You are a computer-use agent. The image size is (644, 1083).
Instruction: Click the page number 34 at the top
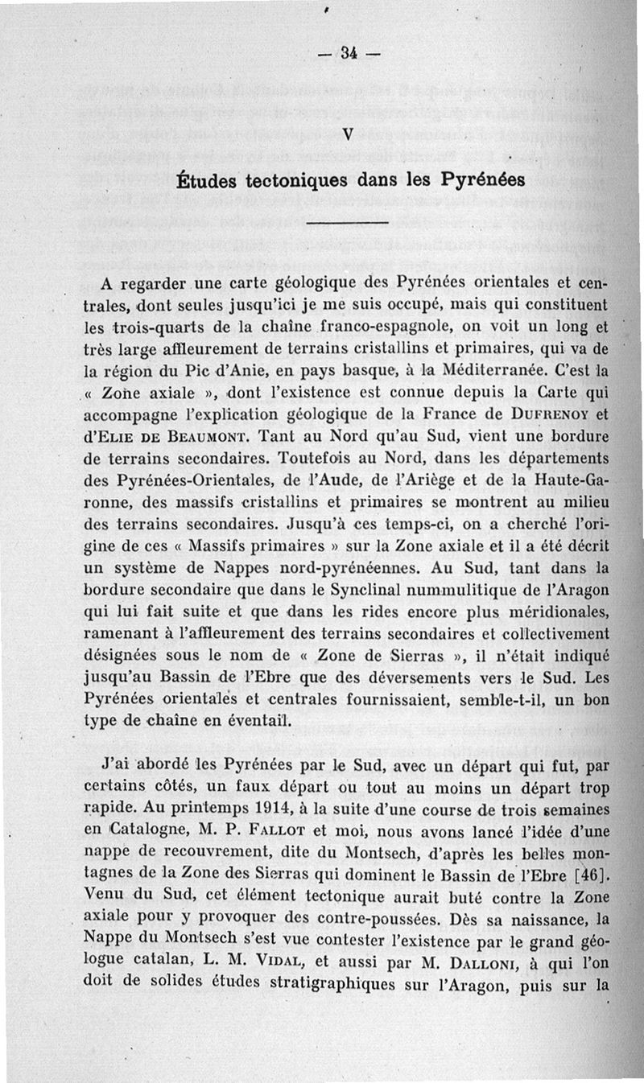click(348, 55)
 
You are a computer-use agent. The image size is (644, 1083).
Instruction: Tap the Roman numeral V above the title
click(349, 134)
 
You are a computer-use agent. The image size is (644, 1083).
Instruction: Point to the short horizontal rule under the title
click(348, 223)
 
